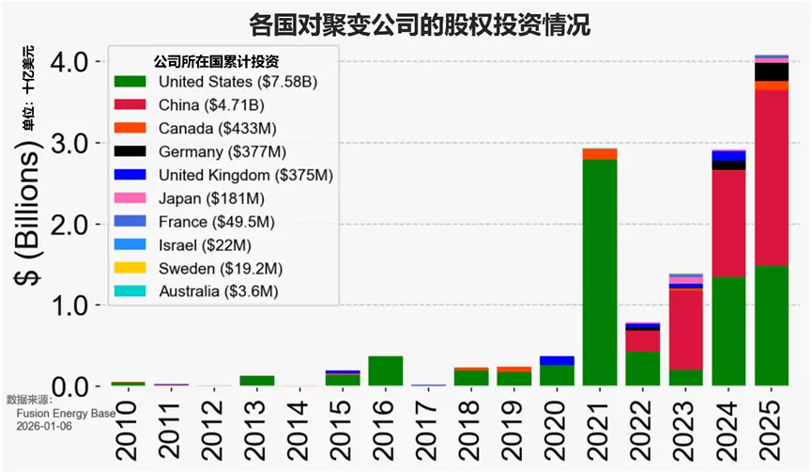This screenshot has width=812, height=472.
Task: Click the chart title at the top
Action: click(x=406, y=23)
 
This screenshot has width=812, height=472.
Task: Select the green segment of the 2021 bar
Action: click(x=599, y=273)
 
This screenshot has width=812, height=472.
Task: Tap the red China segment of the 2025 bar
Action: click(x=771, y=178)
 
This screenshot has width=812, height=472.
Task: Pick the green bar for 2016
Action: click(x=385, y=370)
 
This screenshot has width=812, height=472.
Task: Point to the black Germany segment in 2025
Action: click(x=771, y=71)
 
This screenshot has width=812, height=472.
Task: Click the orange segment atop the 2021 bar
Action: click(x=599, y=154)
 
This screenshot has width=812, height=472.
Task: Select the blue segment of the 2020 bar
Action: click(x=557, y=360)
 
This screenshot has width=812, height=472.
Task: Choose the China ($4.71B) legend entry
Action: click(x=211, y=104)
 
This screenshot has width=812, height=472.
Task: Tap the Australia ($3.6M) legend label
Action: click(x=219, y=291)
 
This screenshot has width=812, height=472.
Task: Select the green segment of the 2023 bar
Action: click(x=685, y=377)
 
